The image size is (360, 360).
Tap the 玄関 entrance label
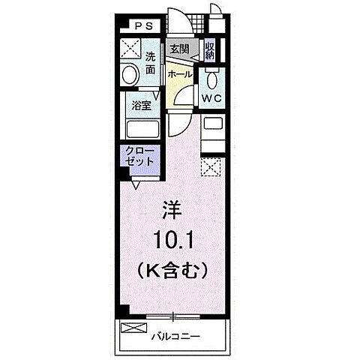click(x=178, y=49)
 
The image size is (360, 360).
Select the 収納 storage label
click(x=210, y=50)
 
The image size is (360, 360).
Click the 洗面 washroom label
click(x=151, y=63)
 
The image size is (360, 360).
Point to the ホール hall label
click(x=180, y=75)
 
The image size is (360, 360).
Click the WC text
click(x=211, y=98)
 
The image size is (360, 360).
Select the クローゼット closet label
click(x=140, y=155)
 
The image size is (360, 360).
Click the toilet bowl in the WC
click(x=211, y=79)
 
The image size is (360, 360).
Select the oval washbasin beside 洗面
click(x=129, y=75)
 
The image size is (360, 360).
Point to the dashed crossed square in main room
click(x=211, y=166)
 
